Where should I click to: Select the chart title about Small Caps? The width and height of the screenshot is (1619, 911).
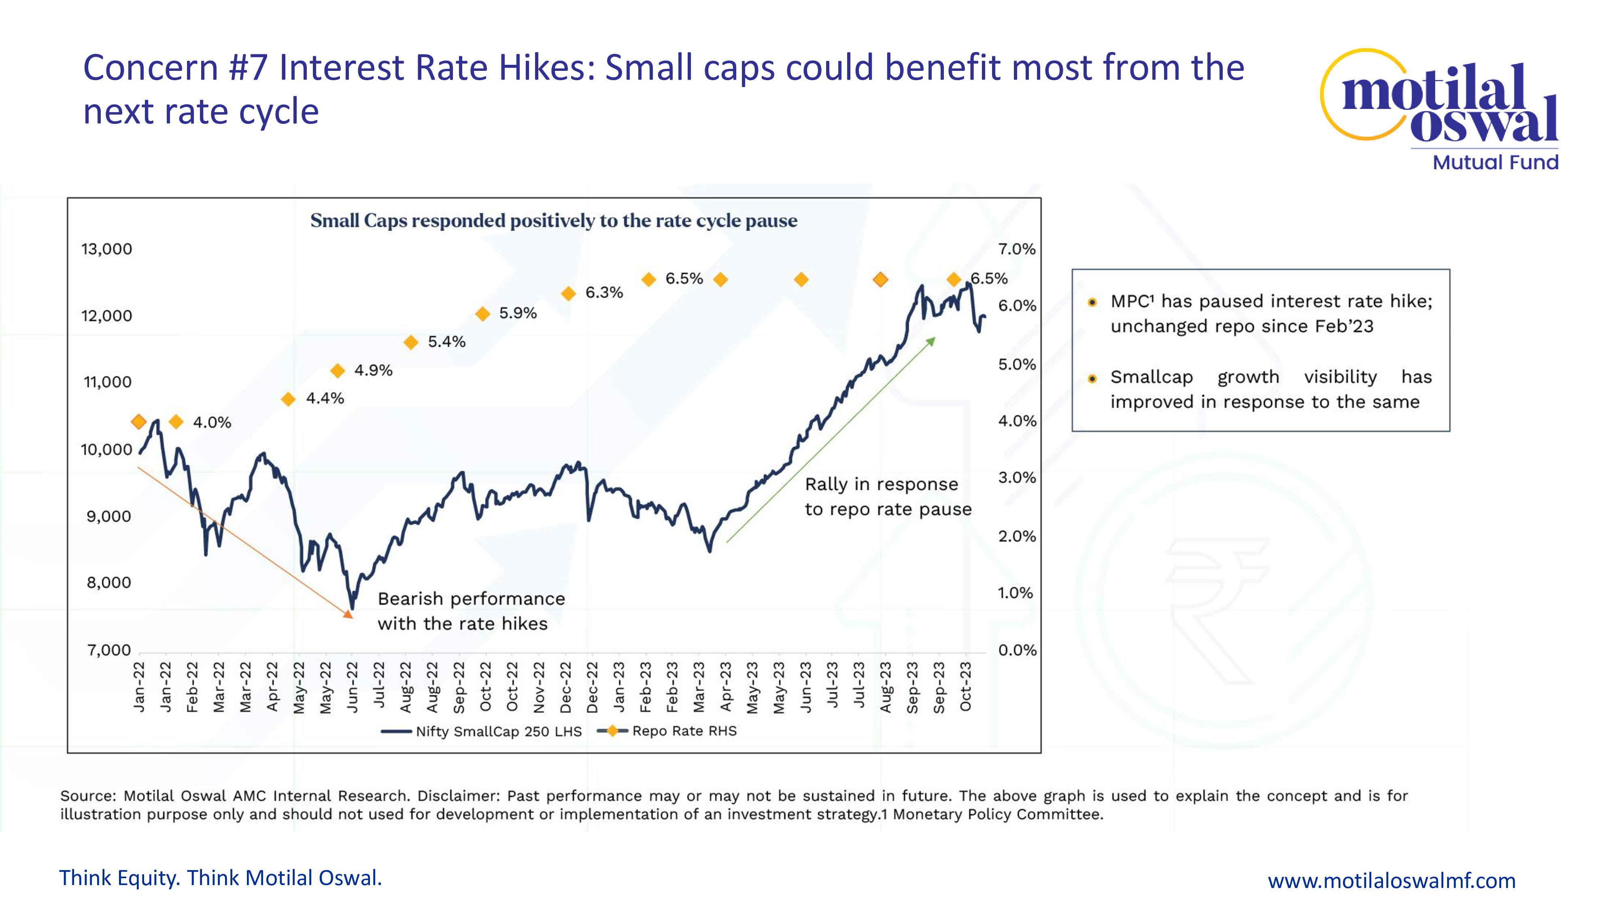(x=554, y=221)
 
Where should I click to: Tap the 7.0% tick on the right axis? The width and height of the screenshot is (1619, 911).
(x=1017, y=249)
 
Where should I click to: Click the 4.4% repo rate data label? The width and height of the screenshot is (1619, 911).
(x=325, y=398)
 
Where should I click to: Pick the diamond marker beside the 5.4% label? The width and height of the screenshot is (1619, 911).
(x=411, y=342)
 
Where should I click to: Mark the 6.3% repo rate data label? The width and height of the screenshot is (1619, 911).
(x=604, y=292)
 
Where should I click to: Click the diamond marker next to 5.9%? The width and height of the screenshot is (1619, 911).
(x=483, y=314)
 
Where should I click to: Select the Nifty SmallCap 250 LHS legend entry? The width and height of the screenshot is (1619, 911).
(x=481, y=731)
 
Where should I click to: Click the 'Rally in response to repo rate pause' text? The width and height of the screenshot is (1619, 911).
(x=888, y=497)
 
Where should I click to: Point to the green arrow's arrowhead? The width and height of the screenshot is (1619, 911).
(x=931, y=341)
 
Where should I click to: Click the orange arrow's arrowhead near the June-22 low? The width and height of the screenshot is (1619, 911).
(x=348, y=614)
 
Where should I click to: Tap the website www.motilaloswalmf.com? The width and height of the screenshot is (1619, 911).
(x=1392, y=880)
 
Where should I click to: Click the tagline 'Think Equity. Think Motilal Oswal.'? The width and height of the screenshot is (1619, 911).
(x=221, y=878)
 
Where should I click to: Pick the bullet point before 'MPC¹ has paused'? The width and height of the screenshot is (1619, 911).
(x=1092, y=302)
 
